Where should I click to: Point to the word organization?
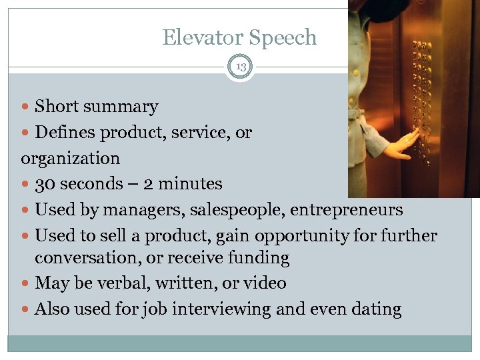pyautogui.click(x=71, y=159)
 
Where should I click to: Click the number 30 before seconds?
pyautogui.click(x=45, y=184)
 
